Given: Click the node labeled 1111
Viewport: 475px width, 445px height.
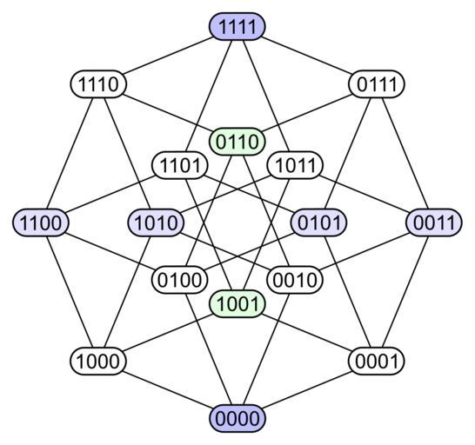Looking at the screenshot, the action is [x=237, y=26].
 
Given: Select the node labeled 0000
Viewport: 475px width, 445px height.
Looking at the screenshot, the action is [x=237, y=418].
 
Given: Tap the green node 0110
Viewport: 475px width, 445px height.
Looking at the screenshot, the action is [x=237, y=142].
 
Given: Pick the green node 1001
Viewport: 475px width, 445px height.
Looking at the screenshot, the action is [x=237, y=303].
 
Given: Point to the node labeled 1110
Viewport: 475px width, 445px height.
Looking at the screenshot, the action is [x=98, y=83].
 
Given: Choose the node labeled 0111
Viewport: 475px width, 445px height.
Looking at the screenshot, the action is [x=376, y=83].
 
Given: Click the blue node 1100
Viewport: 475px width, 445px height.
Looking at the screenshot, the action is [x=41, y=222].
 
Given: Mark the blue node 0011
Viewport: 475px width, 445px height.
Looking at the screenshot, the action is [x=434, y=222].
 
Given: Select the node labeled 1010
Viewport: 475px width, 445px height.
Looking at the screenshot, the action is [x=156, y=222].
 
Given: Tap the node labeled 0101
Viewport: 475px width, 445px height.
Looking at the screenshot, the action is [x=318, y=222].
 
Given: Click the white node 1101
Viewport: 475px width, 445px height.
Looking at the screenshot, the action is [x=179, y=165].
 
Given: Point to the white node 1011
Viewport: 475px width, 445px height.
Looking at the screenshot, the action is [x=295, y=165].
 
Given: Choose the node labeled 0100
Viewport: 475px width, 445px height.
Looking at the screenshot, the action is [x=179, y=280].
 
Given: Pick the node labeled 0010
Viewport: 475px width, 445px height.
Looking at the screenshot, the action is [x=295, y=280].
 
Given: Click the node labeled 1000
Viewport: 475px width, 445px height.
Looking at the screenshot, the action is [x=98, y=361].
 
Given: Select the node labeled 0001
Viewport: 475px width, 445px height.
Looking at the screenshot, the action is [x=376, y=361].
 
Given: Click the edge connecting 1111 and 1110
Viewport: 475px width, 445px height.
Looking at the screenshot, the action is [x=168, y=55].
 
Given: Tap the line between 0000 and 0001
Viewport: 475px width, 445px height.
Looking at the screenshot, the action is [x=307, y=389].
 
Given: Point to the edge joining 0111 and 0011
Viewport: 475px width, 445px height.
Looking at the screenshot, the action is [x=405, y=153].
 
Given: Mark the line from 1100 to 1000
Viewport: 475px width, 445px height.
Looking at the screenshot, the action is [x=70, y=291].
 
